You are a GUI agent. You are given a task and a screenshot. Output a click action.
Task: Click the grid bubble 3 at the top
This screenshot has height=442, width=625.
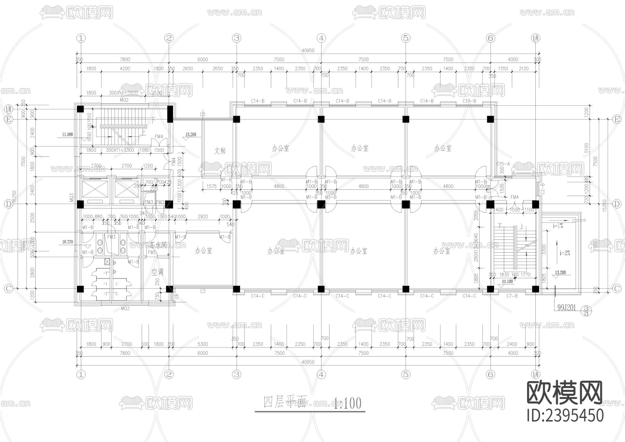236,38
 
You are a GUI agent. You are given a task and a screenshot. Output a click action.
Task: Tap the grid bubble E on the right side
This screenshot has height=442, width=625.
617,120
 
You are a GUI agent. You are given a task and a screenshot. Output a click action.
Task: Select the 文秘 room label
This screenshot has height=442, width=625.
220,151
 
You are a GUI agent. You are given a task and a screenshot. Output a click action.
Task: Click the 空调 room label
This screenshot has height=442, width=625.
157,272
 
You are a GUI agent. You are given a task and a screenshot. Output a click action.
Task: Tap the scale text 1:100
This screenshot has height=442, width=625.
347,403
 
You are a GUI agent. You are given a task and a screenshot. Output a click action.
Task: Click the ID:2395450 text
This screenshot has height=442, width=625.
565,416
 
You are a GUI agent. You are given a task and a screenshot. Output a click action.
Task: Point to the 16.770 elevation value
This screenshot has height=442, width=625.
67,242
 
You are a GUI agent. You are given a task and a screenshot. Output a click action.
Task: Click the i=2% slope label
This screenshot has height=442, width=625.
565,253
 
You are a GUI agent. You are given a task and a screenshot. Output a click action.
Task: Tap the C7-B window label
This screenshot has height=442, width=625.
512,296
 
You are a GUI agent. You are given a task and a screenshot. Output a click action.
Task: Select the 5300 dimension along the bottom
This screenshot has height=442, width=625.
202,344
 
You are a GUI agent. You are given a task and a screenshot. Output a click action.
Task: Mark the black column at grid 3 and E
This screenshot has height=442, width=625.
236,120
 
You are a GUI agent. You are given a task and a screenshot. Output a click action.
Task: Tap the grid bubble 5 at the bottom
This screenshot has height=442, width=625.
406,375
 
